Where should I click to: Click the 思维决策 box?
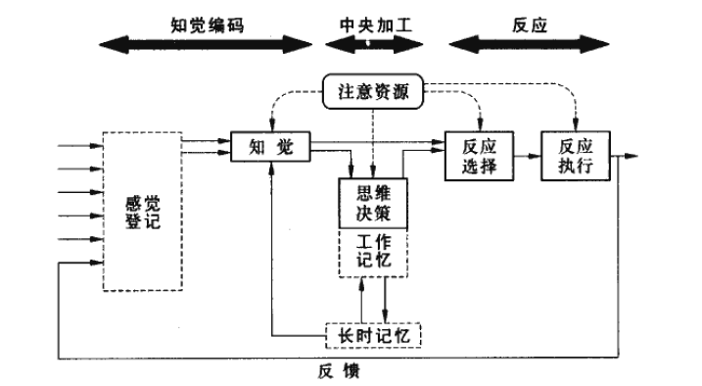point(372,203)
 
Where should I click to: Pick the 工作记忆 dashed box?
point(372,252)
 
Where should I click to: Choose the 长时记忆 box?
point(372,335)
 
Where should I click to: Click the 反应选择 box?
point(479,155)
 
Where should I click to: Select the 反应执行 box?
point(576,155)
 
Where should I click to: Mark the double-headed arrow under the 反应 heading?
point(529,44)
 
